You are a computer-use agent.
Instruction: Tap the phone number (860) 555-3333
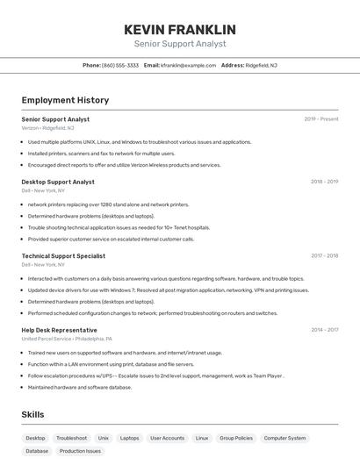120,65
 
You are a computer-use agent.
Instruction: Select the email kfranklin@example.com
188,65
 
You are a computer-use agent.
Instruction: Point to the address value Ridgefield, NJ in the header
261,65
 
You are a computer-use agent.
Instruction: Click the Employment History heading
65,101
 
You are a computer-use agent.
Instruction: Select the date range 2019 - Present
321,119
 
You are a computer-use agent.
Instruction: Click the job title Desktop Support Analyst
58,182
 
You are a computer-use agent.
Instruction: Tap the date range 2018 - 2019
324,182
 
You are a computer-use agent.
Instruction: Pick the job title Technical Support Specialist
63,256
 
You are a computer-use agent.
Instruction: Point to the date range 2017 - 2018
324,256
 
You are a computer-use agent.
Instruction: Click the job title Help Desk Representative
59,330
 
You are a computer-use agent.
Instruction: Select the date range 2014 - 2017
324,330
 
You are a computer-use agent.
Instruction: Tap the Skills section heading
33,414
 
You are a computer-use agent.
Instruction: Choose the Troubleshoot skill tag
72,438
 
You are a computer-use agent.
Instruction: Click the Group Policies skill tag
236,438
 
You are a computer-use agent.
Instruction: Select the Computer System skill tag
285,438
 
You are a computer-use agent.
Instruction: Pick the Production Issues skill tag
80,451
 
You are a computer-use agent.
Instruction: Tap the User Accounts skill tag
167,438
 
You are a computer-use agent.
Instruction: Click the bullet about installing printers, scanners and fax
101,154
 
